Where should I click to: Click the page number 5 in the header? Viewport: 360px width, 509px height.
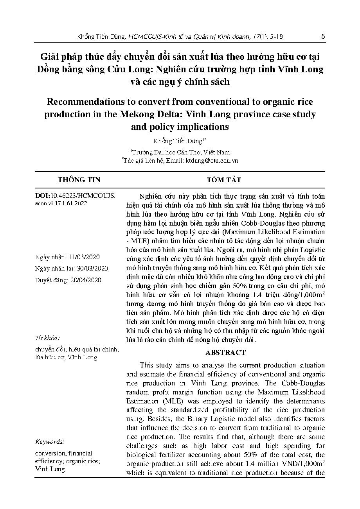[323, 36]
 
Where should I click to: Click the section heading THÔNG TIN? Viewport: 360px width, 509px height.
[79, 180]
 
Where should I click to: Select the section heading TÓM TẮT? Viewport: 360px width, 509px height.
[224, 180]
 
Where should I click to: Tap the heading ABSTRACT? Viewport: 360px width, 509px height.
[225, 352]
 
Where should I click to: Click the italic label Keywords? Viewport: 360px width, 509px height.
[50, 442]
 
